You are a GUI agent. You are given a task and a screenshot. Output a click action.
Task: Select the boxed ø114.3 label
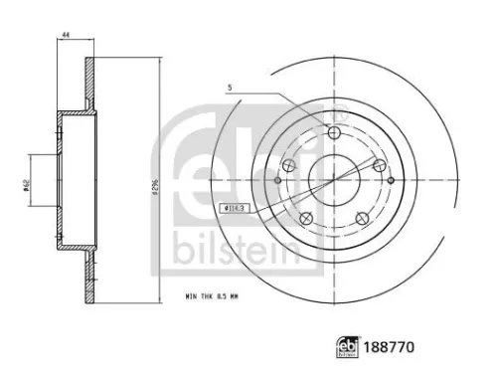coord(230,208)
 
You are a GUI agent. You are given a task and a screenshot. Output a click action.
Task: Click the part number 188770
coord(392,349)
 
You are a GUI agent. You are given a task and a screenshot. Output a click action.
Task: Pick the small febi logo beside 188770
coord(353,349)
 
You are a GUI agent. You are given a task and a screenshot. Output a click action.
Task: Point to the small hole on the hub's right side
coord(391,181)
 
